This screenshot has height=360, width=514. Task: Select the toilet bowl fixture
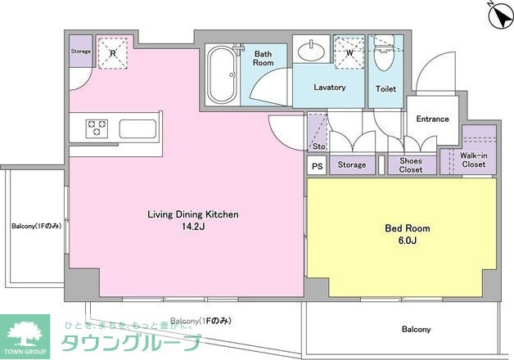coord(384,61)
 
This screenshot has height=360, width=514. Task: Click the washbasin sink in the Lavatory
coord(313,51)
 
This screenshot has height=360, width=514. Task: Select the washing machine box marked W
coord(349,51)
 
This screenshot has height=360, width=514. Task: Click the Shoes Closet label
coord(411,165)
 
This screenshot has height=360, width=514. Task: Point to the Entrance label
coord(432,119)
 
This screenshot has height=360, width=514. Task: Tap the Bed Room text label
coord(408,228)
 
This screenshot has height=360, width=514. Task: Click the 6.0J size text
coord(408,241)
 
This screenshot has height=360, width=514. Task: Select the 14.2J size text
coord(192,227)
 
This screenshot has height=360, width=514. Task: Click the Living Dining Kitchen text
coord(192,214)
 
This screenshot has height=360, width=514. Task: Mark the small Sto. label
coord(318,146)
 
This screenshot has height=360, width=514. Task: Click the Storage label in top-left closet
coord(80,51)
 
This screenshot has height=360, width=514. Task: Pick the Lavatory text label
coord(330,88)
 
